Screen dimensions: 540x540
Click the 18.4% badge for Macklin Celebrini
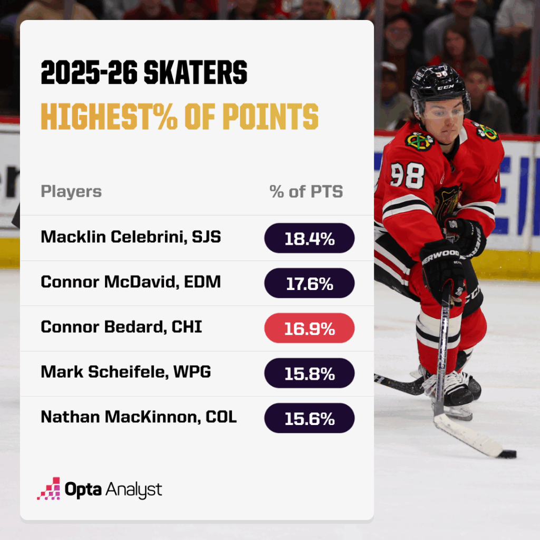point(309,238)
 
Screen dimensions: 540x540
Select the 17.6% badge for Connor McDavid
point(309,283)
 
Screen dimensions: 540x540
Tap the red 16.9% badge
point(309,328)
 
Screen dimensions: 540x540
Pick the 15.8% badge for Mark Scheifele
point(309,373)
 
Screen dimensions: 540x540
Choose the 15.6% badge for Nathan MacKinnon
point(309,418)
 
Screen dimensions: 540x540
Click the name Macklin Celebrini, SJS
point(131,237)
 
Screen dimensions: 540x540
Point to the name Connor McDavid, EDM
point(131,282)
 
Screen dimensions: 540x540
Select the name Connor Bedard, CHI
point(121,327)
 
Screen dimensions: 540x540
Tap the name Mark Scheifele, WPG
point(126,372)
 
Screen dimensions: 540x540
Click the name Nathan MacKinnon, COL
point(139,417)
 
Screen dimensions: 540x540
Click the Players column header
point(71,191)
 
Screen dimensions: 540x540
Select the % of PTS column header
point(306,191)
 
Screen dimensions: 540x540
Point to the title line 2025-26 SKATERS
point(144,74)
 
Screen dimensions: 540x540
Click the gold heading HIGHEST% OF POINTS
point(180,117)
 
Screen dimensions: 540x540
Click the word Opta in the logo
point(83,489)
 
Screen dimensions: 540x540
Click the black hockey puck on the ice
point(508,454)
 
